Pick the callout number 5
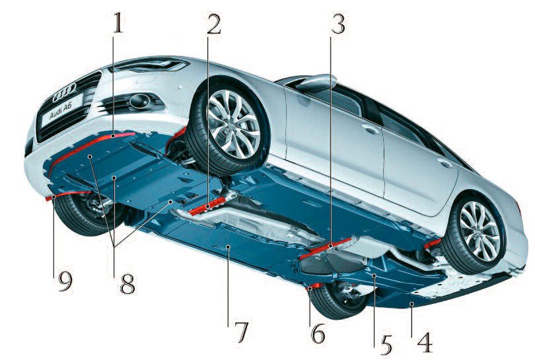385,344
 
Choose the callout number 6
318,332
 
